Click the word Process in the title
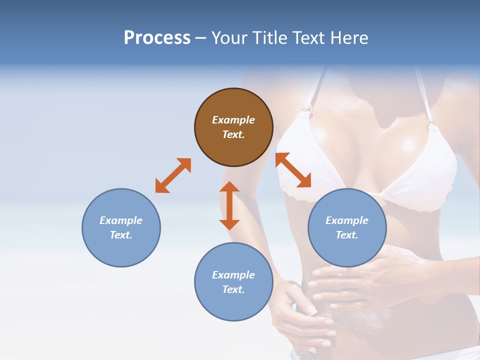157,38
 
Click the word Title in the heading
269,38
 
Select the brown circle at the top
233,127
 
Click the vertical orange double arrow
229,205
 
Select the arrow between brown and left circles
173,175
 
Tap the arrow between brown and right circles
293,170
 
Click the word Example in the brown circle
233,120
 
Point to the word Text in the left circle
121,235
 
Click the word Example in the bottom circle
233,275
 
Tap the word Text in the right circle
347,235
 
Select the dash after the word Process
201,38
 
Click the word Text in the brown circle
233,134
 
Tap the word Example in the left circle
121,220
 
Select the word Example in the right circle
347,220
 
